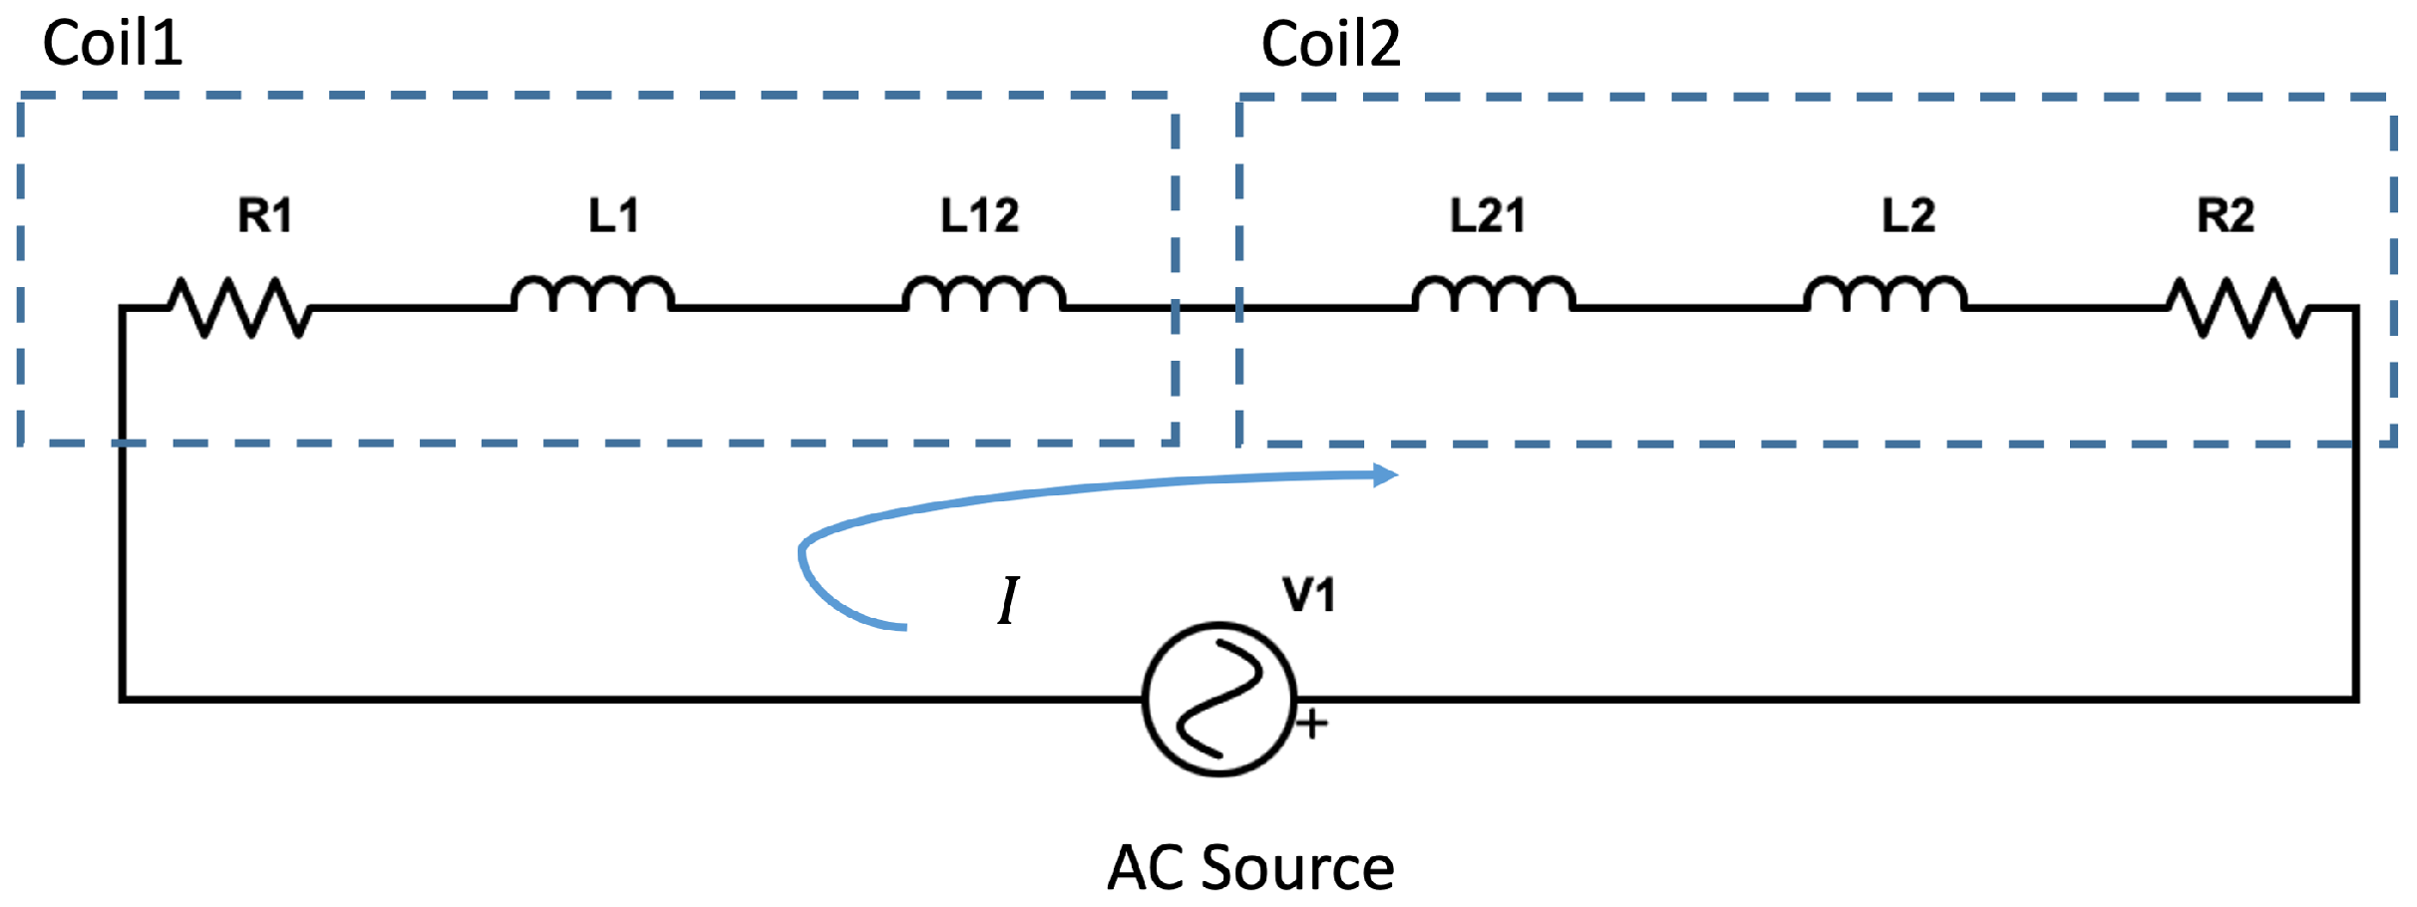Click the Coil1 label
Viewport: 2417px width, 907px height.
(113, 45)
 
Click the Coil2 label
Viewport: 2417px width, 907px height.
(1330, 45)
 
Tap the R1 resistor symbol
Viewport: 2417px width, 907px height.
(239, 307)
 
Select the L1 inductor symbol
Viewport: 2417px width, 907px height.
(592, 295)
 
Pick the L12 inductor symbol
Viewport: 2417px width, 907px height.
(983, 295)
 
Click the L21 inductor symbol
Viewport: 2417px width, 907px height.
(1493, 295)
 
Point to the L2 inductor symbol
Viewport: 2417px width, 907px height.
(1885, 295)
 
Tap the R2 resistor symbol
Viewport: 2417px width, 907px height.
(2239, 307)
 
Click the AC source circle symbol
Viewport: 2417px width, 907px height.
(1218, 699)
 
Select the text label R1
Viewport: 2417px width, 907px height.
(264, 215)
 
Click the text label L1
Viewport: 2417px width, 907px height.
(613, 215)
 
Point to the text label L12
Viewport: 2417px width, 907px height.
(979, 215)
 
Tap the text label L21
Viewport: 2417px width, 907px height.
(1487, 215)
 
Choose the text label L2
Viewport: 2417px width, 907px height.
(1907, 215)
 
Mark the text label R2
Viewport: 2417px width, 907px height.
(2226, 215)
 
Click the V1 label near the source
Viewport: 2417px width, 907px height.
(1308, 595)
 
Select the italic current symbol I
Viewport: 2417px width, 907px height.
(1008, 600)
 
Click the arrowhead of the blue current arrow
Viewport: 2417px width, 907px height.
(1385, 475)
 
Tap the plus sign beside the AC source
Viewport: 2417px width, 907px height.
(1312, 724)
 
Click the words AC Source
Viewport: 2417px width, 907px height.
(1250, 867)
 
